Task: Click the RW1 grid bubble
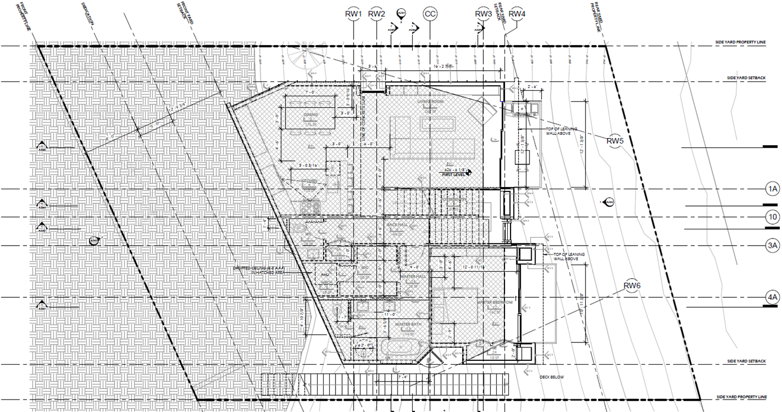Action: [x=354, y=14]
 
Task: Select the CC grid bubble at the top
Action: [x=430, y=14]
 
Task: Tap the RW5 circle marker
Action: [x=615, y=141]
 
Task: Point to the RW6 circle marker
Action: [x=633, y=286]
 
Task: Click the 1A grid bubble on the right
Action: [x=772, y=189]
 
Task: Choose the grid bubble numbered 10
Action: [x=772, y=217]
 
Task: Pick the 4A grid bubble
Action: [x=772, y=297]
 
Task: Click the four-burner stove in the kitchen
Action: [x=311, y=207]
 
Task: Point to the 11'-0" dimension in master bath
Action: [x=387, y=314]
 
